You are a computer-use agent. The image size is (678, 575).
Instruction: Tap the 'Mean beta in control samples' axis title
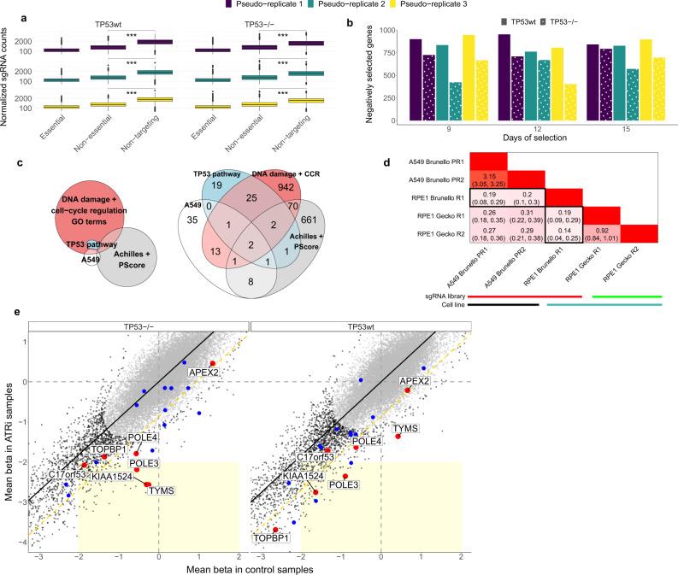click(x=248, y=567)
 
